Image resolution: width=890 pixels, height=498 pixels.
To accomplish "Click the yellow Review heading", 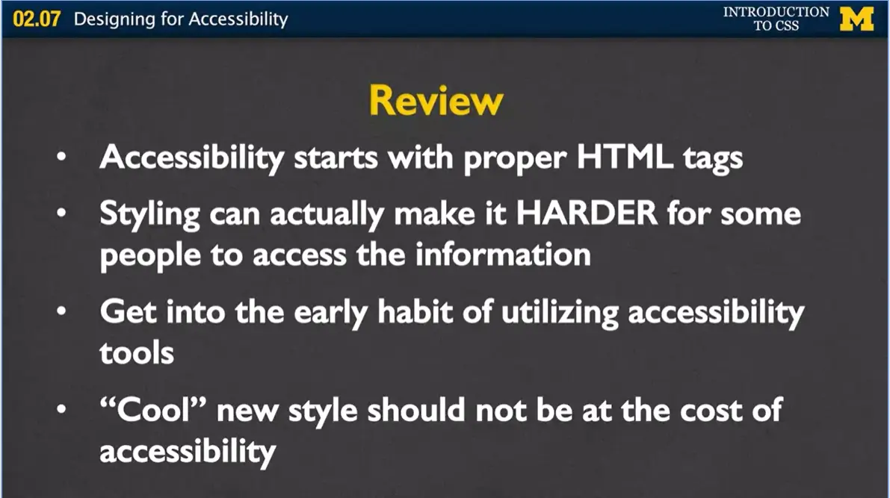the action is point(436,101).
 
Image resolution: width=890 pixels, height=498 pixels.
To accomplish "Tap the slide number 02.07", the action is point(37,19).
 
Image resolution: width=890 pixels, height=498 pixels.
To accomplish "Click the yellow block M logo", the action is point(856,19).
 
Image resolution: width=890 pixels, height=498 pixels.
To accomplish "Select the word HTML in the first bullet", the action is point(625,156).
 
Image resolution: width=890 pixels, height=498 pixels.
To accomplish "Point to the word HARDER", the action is point(587,214).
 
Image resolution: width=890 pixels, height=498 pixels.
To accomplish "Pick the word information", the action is point(503,254).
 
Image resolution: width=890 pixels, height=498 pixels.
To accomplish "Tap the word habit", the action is point(415,311).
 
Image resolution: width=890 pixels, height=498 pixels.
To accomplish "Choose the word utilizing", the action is point(560,314).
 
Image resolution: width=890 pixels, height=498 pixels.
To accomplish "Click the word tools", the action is point(137,353).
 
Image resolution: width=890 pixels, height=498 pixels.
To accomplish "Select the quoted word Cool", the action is point(153,409).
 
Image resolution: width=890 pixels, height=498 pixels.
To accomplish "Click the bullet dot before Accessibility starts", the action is point(62,156).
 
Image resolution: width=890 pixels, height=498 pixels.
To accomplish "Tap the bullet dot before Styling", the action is point(62,214).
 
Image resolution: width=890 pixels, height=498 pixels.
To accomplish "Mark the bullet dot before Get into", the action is point(62,311).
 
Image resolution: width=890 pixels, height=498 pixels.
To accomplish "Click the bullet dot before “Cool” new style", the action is point(62,409).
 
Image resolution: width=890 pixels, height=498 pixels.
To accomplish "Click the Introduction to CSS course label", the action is point(776,19).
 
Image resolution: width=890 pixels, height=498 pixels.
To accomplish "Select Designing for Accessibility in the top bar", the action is point(181,19).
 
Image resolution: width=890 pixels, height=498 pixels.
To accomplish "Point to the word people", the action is point(150,256).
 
